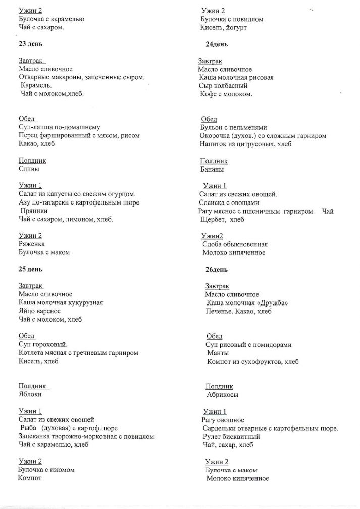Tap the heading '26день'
217,270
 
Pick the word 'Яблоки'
30,395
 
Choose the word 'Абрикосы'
223,395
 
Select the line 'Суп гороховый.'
43,344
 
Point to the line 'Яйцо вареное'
40,311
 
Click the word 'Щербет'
213,220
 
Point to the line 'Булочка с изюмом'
46,469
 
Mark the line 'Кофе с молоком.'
226,94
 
